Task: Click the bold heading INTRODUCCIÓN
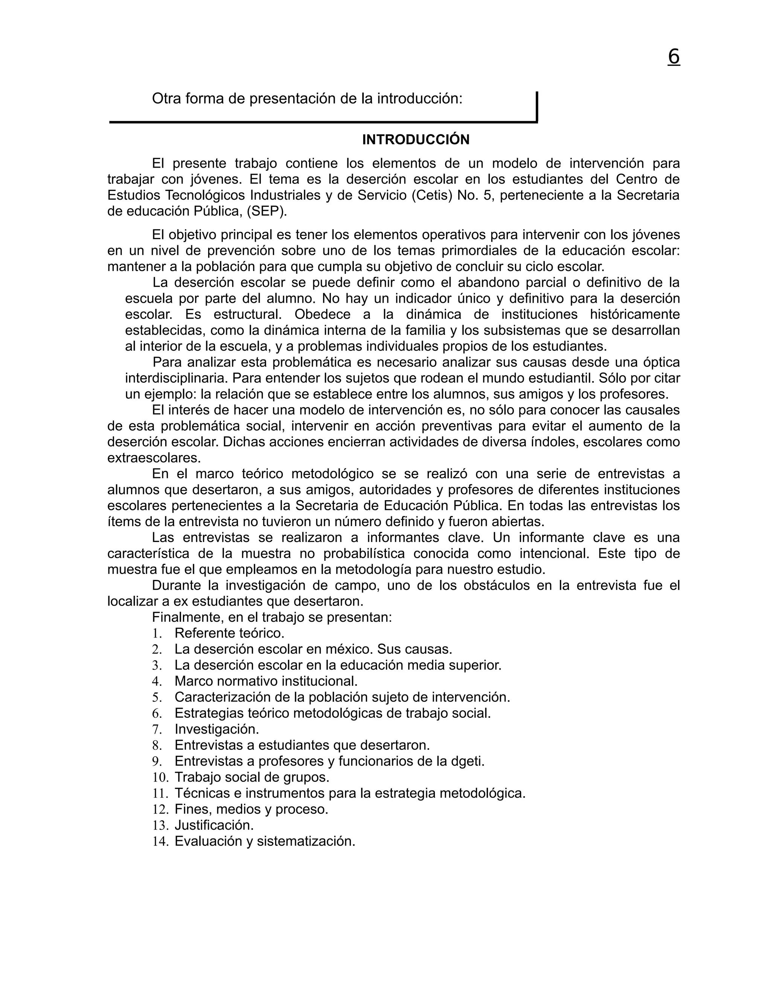416,140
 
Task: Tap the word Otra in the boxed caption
166,98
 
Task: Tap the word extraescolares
154,458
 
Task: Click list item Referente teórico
229,633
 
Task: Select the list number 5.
157,697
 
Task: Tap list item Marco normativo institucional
266,681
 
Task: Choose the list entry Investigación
216,729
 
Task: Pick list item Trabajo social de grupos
252,777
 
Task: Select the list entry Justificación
214,825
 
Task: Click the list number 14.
160,841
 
